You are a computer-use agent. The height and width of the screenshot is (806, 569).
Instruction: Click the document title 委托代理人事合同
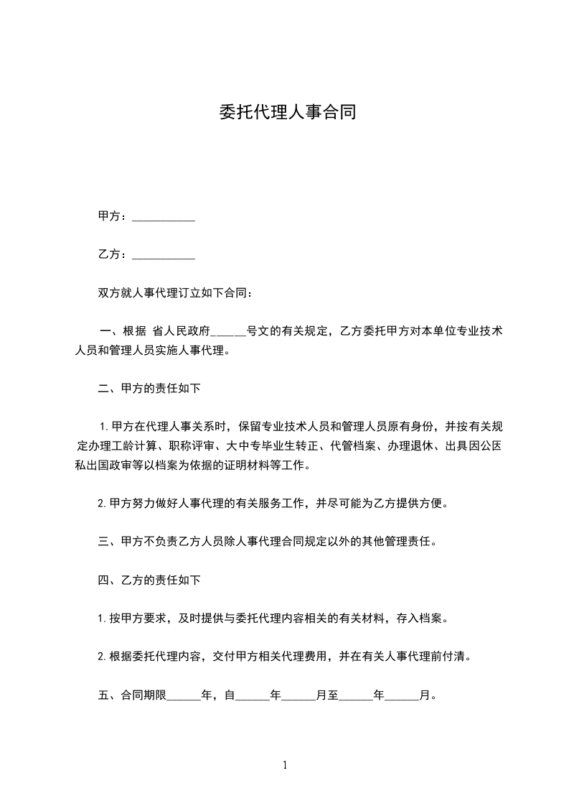coord(287,112)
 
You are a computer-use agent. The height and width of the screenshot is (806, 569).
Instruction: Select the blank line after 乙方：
coord(164,255)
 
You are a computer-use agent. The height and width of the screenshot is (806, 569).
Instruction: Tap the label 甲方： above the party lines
coord(114,216)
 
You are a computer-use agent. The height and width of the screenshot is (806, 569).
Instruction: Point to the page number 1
coord(285,765)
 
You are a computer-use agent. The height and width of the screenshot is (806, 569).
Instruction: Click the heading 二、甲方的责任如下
coord(149,389)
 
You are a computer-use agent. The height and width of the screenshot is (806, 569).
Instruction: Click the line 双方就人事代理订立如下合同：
coord(175,293)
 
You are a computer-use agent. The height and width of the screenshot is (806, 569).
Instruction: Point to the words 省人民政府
coord(181,332)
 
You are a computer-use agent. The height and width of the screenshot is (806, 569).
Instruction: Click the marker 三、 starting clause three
coord(105,541)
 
